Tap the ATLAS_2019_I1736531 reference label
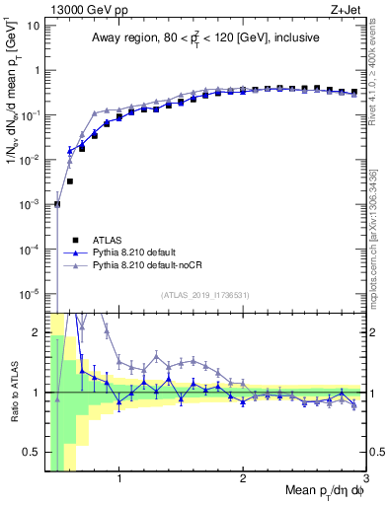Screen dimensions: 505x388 204,295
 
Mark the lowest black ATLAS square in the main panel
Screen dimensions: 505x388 57,204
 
